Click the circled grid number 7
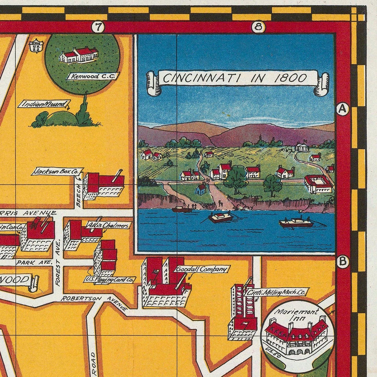tap(97, 27)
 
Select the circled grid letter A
tap(342, 109)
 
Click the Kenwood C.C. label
tap(93, 76)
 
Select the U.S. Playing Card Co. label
tap(110, 280)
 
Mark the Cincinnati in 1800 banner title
tap(237, 78)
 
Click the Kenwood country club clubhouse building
tap(79, 56)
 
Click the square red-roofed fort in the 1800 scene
tap(319, 184)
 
